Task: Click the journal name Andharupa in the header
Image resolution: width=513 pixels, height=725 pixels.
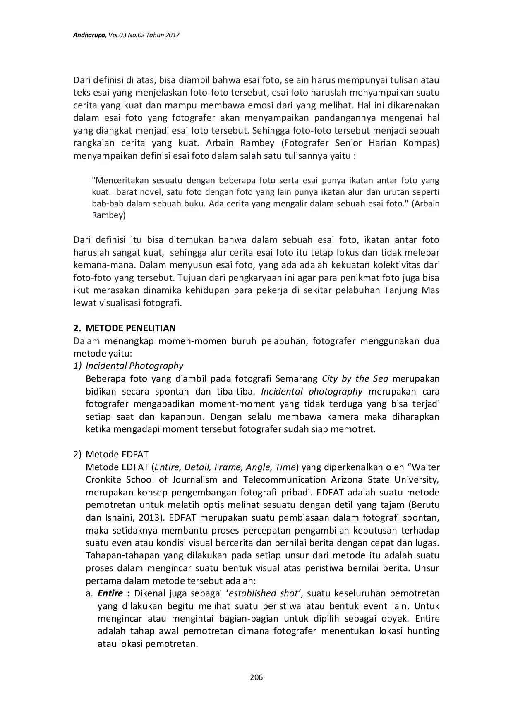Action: [90, 36]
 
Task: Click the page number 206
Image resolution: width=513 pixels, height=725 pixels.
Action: [256, 677]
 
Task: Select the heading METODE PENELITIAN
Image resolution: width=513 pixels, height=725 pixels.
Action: [130, 328]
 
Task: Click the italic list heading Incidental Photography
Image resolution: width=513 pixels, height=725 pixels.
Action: [134, 366]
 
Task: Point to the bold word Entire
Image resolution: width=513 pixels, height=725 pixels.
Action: [110, 593]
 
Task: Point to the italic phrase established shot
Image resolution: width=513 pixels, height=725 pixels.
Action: [264, 593]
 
